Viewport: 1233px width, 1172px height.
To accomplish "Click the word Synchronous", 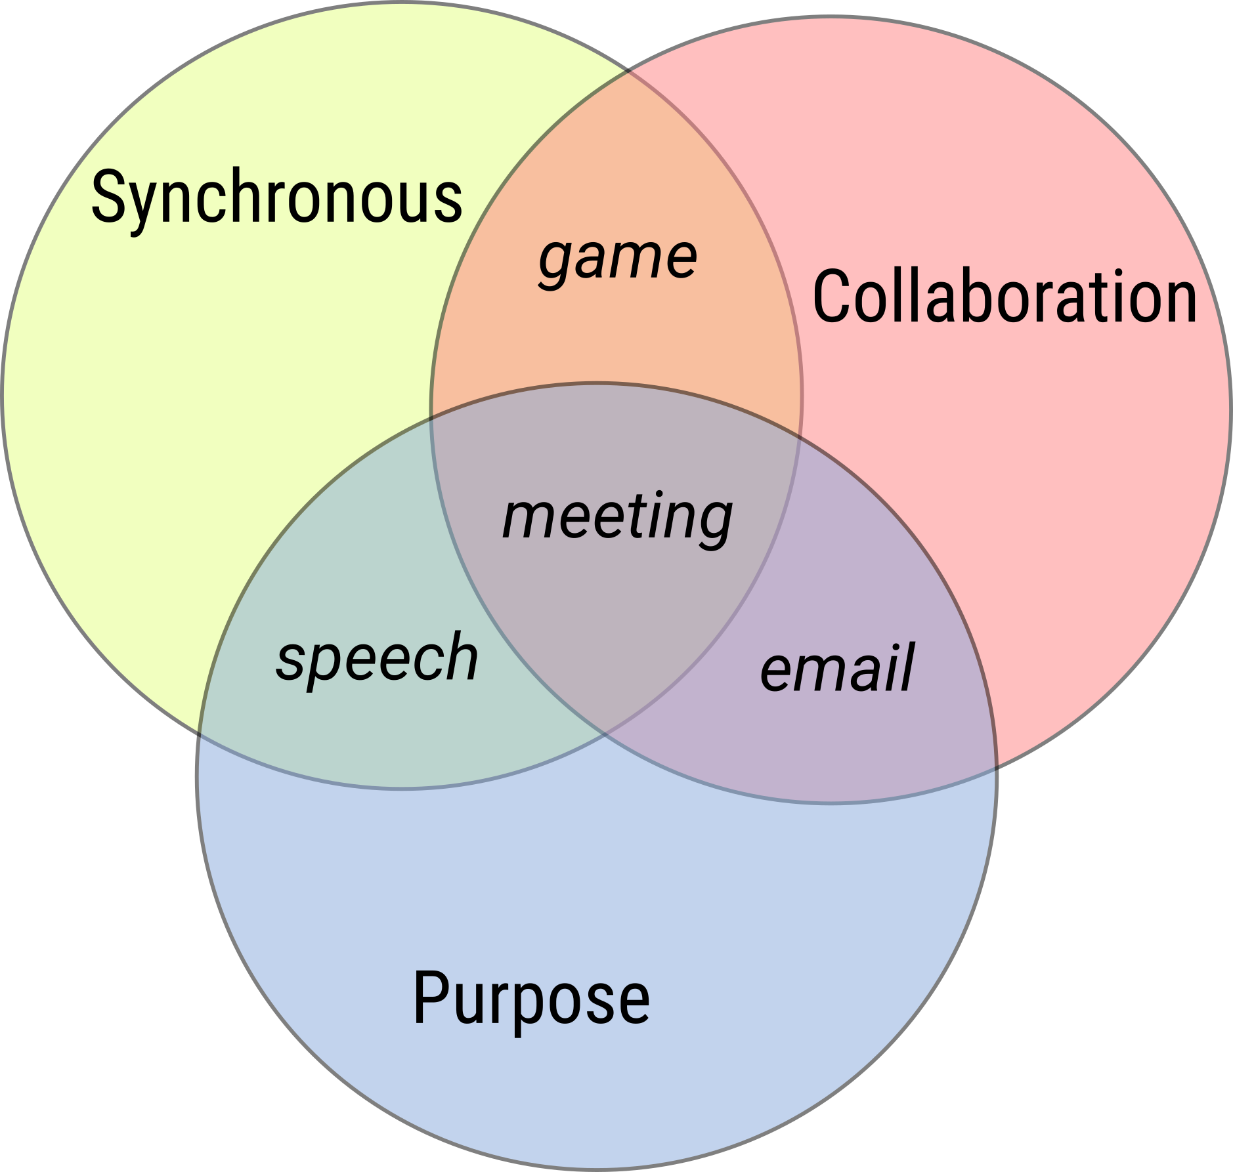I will tap(276, 198).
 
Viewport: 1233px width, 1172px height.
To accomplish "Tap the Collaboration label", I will tap(1005, 297).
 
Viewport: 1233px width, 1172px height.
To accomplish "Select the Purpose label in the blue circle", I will tap(531, 998).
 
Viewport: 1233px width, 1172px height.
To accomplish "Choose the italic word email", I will tap(836, 668).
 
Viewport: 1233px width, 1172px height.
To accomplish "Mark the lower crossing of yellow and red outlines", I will tap(605, 734).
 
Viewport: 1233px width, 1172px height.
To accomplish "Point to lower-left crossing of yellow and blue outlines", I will tap(200, 733).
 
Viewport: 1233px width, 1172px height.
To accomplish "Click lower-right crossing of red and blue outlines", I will tap(995, 766).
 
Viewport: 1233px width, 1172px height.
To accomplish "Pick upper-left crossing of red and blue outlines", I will tap(431, 415).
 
